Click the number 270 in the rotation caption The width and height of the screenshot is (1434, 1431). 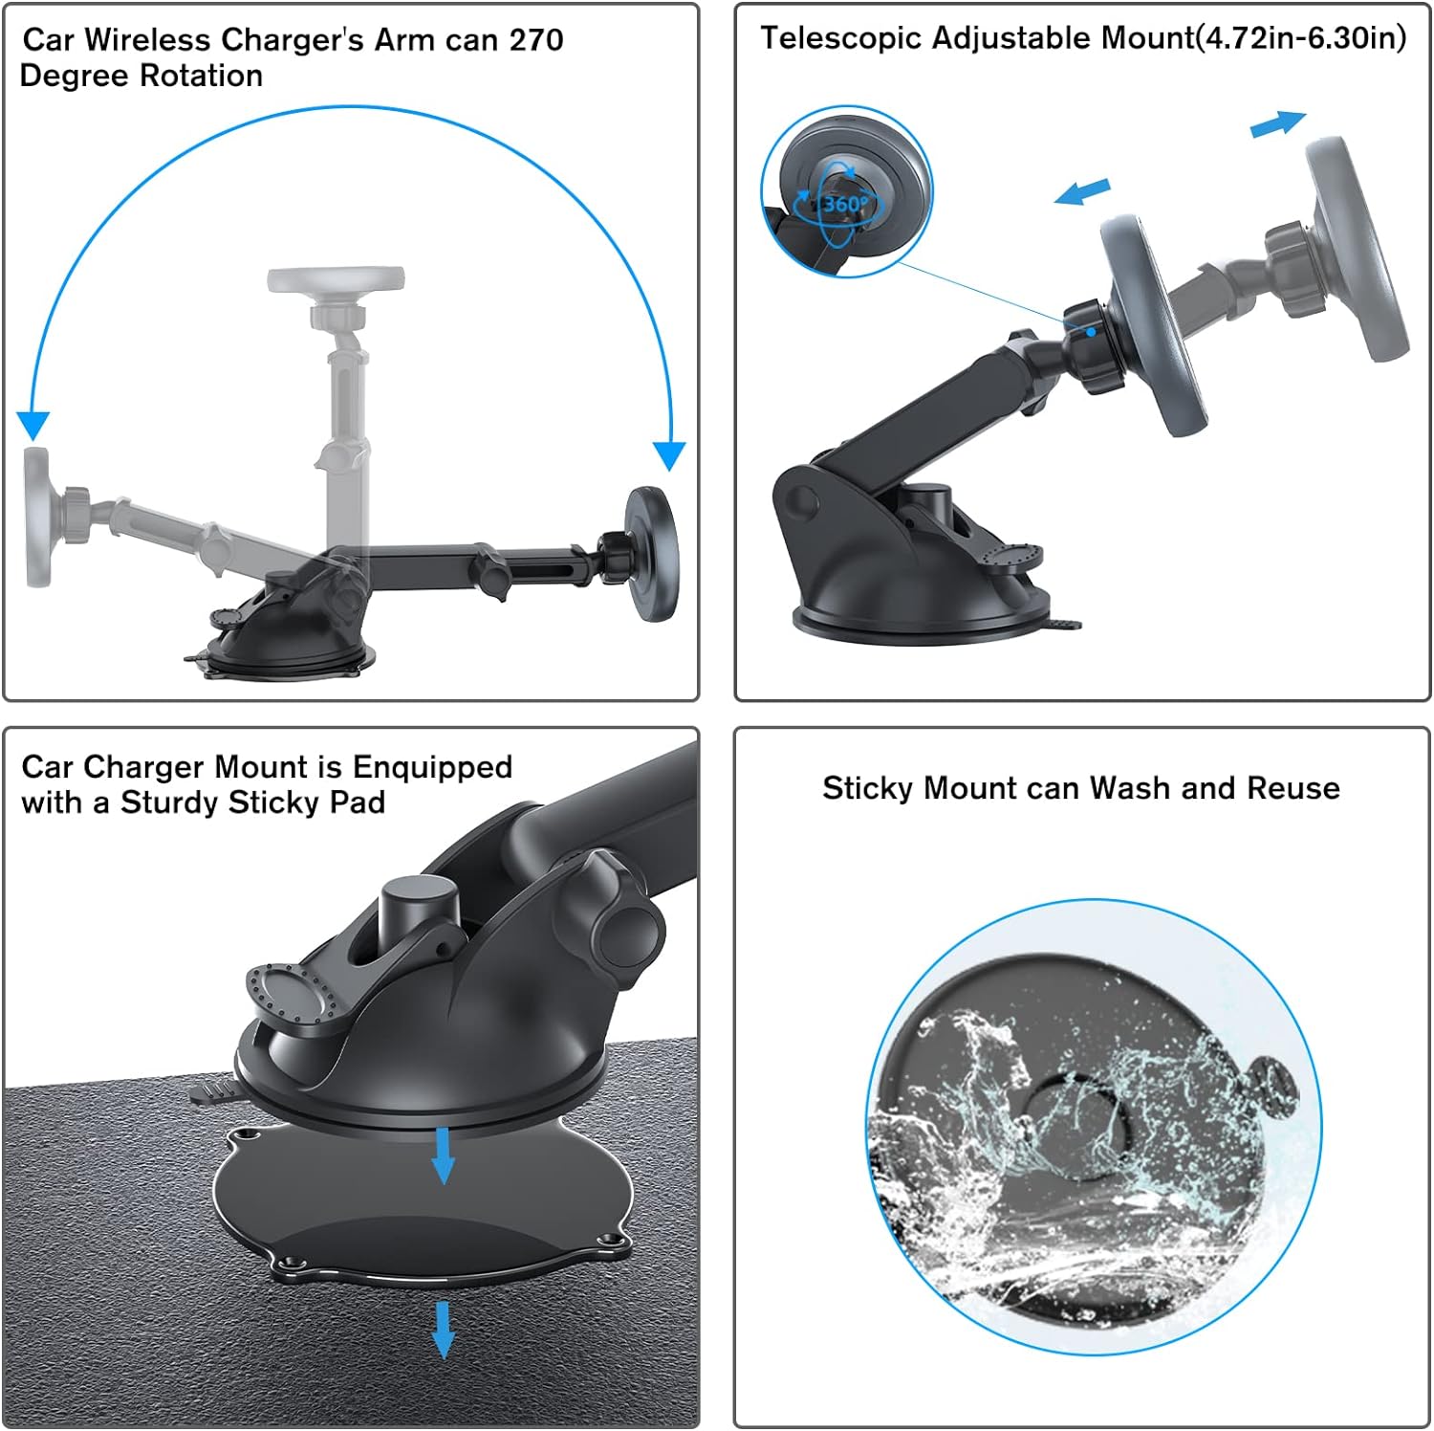click(535, 40)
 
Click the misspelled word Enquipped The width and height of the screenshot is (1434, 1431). click(432, 768)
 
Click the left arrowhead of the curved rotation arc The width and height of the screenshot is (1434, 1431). click(33, 426)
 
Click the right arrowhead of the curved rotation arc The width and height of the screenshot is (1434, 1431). click(669, 455)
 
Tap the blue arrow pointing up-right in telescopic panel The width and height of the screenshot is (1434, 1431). click(1278, 124)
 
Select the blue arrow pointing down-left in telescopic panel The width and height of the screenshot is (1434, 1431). click(1082, 191)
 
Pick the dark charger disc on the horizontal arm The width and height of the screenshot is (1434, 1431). click(651, 554)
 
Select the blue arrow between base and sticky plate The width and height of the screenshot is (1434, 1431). click(443, 1155)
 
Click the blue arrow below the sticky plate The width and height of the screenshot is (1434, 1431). click(443, 1329)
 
